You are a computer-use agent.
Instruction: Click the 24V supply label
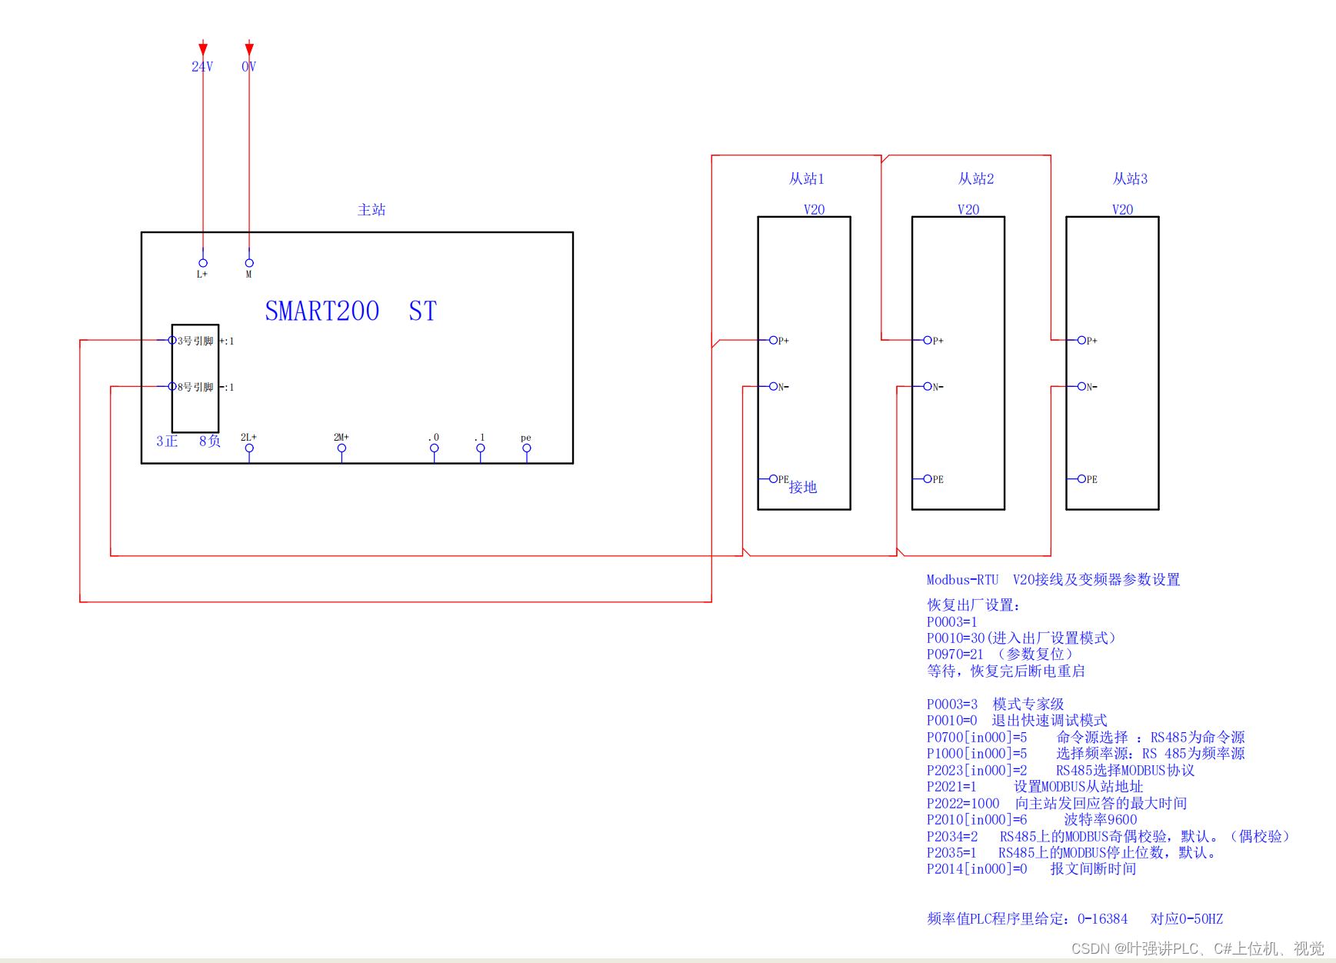click(202, 67)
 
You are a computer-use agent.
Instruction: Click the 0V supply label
click(248, 67)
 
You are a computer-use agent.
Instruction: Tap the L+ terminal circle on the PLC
click(203, 263)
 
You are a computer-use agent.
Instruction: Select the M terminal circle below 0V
click(249, 263)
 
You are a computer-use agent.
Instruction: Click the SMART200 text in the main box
click(322, 312)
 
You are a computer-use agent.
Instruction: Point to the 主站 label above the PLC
click(371, 210)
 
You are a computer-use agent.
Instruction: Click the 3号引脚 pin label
click(195, 341)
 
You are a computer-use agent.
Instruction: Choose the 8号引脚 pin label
click(195, 387)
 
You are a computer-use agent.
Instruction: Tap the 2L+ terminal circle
click(249, 448)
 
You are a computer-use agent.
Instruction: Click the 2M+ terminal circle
click(341, 448)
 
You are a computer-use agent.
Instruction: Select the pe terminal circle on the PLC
click(527, 448)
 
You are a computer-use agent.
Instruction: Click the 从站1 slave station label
click(806, 179)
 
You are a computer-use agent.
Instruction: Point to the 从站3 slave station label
click(1130, 179)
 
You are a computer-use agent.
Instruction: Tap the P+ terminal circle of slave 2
click(928, 340)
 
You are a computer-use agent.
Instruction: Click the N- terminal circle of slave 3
click(1081, 386)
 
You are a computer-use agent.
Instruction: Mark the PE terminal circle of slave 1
click(774, 478)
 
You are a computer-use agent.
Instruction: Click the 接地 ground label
click(803, 487)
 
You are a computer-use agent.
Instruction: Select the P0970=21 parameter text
click(955, 655)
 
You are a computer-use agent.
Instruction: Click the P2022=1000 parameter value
click(963, 804)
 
